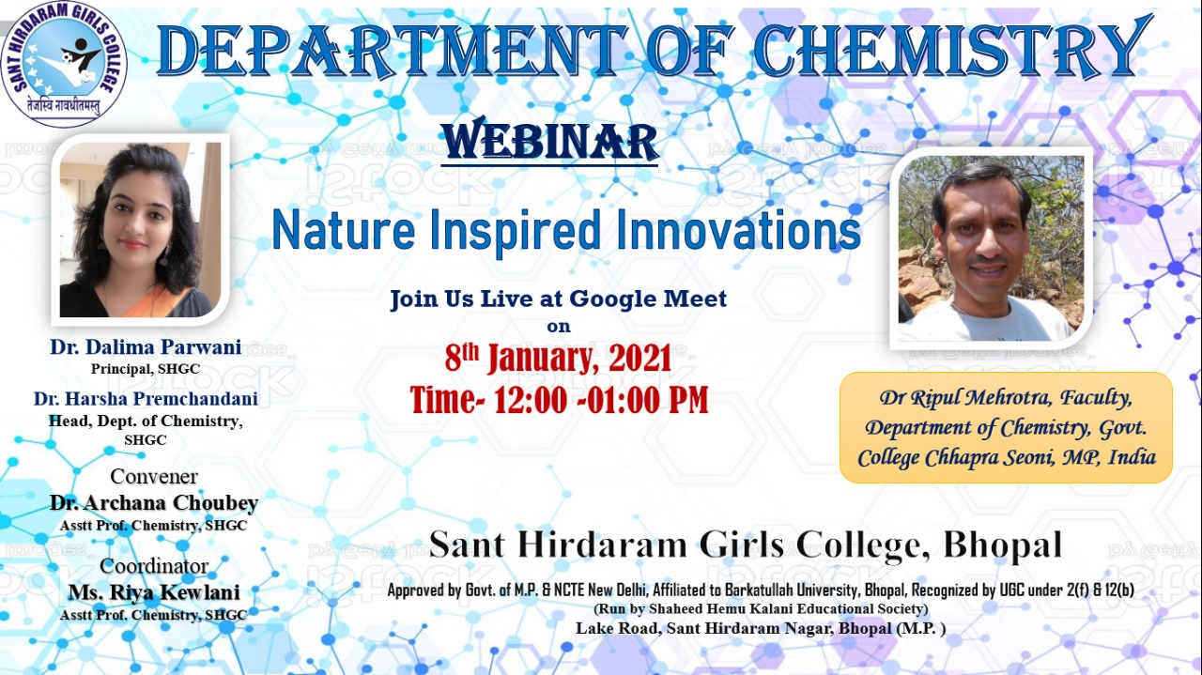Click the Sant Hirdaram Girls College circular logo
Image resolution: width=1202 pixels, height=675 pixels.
pyautogui.click(x=64, y=64)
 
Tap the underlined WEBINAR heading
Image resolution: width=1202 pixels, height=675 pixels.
pyautogui.click(x=549, y=142)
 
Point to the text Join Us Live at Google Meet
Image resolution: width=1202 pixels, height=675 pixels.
pyautogui.click(x=558, y=299)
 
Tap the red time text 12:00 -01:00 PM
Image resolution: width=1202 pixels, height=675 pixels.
pyautogui.click(x=601, y=400)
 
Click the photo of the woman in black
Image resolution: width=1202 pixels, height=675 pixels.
pyautogui.click(x=140, y=230)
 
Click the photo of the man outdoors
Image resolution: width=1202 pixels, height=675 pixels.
pyautogui.click(x=991, y=248)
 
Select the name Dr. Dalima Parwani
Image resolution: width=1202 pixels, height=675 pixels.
pyautogui.click(x=146, y=347)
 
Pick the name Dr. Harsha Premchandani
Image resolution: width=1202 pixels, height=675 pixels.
pyautogui.click(x=146, y=399)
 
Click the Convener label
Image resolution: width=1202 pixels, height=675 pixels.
pyautogui.click(x=154, y=477)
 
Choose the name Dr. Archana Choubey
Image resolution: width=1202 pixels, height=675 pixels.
pyautogui.click(x=154, y=503)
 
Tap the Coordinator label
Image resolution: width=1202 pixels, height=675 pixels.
pyautogui.click(x=154, y=566)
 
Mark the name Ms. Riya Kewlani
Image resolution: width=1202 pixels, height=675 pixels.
pyautogui.click(x=154, y=593)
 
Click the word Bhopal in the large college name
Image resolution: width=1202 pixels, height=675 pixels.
pyautogui.click(x=1002, y=545)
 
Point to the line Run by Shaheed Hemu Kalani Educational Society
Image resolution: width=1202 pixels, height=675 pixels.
pyautogui.click(x=761, y=609)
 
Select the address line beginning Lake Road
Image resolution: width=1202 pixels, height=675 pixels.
pyautogui.click(x=761, y=628)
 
